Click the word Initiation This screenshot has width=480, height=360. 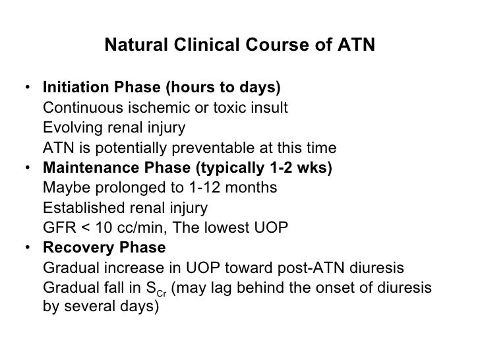point(71,88)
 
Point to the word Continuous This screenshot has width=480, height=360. point(77,107)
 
